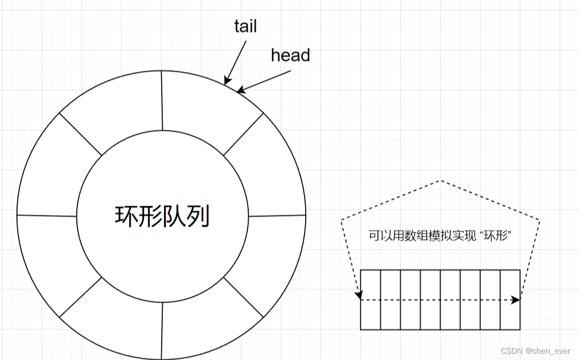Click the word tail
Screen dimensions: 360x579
coord(245,27)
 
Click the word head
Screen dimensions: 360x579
coord(290,55)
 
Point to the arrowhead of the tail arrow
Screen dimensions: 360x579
coord(226,83)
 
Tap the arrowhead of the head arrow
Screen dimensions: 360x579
coord(240,91)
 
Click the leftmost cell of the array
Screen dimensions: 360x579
coord(371,299)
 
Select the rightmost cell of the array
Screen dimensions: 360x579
coord(510,299)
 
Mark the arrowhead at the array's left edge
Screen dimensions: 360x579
coord(359,295)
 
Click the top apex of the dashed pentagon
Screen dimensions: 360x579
coord(440,181)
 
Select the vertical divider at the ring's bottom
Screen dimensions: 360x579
coord(162,330)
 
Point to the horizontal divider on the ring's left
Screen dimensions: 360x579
coord(47,215)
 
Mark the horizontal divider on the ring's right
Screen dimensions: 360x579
coord(277,216)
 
